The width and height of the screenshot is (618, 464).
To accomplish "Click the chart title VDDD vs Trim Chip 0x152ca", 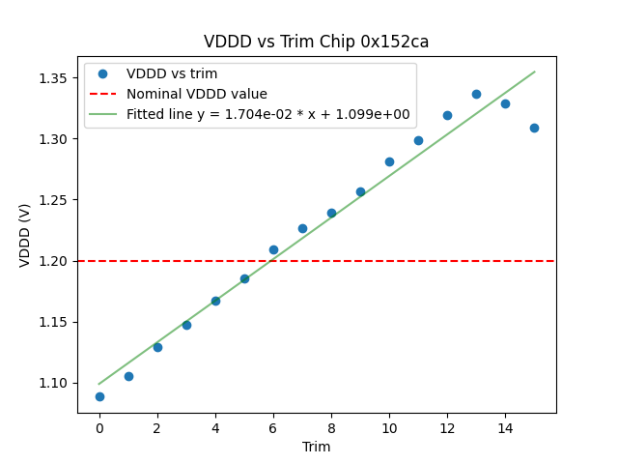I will point(316,42).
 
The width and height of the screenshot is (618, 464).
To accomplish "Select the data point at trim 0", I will point(99,396).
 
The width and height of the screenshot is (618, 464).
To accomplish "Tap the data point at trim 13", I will point(476,94).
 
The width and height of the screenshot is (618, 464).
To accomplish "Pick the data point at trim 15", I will point(534,128).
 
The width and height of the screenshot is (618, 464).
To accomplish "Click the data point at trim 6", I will point(273,249).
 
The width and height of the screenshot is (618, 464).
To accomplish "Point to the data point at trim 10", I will point(389,161).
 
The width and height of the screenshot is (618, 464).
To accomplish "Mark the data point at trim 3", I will point(186,325).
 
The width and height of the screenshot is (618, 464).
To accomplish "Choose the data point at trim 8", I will point(331,213).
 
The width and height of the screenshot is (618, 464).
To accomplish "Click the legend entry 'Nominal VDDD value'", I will point(197,94).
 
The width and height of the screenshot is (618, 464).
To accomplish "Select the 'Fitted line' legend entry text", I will point(268,114).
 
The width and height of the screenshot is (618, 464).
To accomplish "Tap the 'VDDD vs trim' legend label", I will point(172,73).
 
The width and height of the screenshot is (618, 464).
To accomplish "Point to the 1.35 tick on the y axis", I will point(53,78).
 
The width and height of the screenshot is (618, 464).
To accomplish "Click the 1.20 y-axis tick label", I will point(53,261).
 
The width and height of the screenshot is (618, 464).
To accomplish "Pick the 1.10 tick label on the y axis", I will point(53,383).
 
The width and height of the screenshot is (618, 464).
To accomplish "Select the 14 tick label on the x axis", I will point(505,427).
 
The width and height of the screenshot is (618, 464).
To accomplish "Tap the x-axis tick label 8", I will point(331,427).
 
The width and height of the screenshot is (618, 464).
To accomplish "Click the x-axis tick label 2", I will point(157,427).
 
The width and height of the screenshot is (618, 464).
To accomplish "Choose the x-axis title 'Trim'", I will point(316,447).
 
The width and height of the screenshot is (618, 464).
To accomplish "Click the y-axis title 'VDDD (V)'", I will point(25,235).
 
